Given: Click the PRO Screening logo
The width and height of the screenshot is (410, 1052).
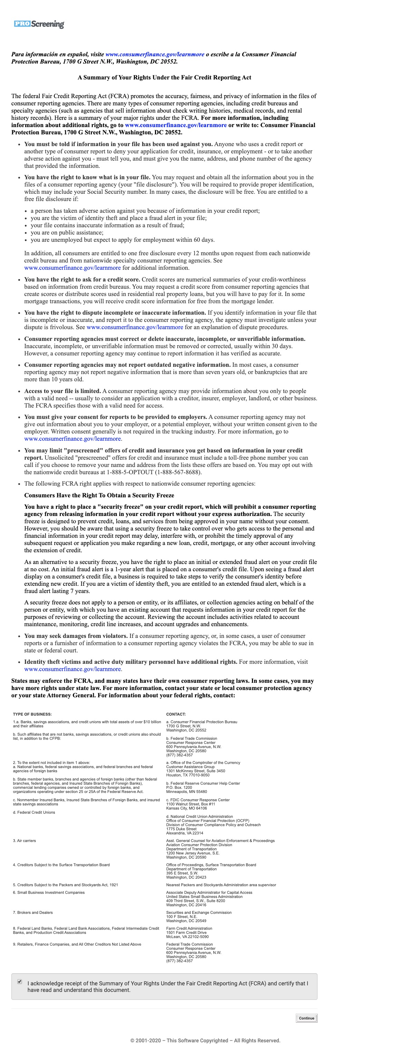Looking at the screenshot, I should coord(39,24).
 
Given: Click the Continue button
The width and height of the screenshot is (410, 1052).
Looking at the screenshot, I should coord(306,1018).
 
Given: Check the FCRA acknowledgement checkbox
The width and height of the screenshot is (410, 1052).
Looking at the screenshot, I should coord(20,981).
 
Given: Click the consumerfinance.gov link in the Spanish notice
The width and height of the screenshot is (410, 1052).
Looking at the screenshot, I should coord(155,54).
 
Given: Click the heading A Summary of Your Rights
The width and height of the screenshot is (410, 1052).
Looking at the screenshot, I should coord(164,78).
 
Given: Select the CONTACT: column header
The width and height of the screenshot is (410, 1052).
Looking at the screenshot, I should coord(176,714).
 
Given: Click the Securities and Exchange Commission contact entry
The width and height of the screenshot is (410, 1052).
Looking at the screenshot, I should coord(199,912).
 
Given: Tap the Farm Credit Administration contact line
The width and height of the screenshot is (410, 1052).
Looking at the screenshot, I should coord(189,928).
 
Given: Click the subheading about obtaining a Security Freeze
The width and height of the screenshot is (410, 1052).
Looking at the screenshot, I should coord(99,495).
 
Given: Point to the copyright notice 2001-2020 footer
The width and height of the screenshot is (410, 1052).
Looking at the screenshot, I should coord(205,1040).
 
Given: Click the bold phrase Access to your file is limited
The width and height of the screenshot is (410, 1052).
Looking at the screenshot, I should coord(62,391).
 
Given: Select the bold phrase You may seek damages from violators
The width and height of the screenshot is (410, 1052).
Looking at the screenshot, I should coord(76,636).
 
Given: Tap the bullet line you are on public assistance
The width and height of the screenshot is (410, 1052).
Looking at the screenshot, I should coord(67,232).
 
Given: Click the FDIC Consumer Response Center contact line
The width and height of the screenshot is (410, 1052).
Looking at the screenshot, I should coord(198,800).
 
